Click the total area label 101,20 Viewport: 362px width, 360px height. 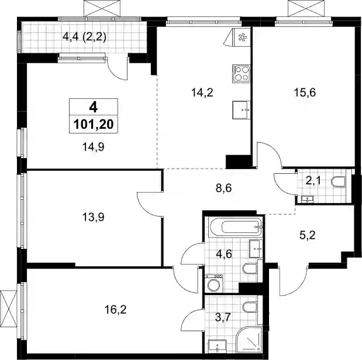tap(94, 125)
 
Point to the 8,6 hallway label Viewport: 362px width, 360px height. tap(224, 188)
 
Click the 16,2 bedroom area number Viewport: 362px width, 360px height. tap(115, 310)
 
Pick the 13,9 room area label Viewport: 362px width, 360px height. tap(93, 217)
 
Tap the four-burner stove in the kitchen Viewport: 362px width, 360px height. tap(242, 74)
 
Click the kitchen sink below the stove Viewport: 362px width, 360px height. tap(242, 110)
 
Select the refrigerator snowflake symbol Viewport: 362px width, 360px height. tap(242, 37)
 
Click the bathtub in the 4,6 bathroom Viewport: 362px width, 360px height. tap(236, 227)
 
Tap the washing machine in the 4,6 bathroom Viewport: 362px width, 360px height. tap(214, 283)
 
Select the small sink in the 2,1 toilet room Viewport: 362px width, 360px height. tap(307, 199)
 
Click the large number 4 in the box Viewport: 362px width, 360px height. tap(94, 108)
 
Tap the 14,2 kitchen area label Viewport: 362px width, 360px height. tap(202, 93)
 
